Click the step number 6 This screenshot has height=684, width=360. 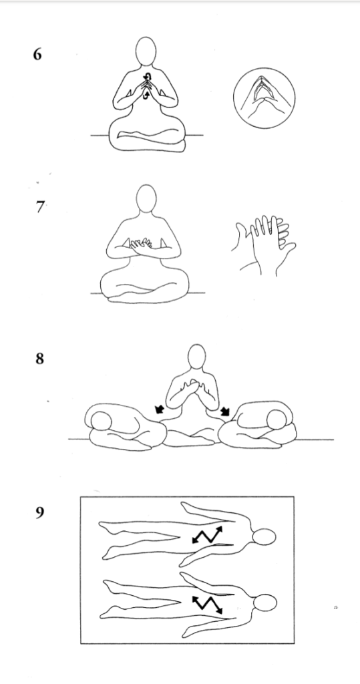pyautogui.click(x=37, y=55)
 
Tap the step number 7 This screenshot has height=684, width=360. pyautogui.click(x=39, y=206)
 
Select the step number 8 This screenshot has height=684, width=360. pyautogui.click(x=39, y=359)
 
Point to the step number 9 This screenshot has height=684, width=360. pyautogui.click(x=39, y=512)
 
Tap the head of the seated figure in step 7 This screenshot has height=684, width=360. pyautogui.click(x=146, y=198)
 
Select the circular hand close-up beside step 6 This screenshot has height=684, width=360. pyautogui.click(x=264, y=98)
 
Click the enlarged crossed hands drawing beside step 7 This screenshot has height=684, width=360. pyautogui.click(x=263, y=245)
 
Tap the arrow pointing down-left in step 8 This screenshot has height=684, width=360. pyautogui.click(x=160, y=409)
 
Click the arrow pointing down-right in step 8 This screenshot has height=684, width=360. pyautogui.click(x=226, y=410)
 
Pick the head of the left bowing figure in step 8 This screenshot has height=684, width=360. pyautogui.click(x=101, y=419)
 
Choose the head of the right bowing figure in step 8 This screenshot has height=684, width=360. pyautogui.click(x=277, y=419)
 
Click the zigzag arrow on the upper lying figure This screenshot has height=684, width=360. pyautogui.click(x=207, y=534)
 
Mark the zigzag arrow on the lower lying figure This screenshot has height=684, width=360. pyautogui.click(x=208, y=604)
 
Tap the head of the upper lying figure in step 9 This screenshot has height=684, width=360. pyautogui.click(x=264, y=537)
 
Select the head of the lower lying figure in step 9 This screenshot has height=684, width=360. pyautogui.click(x=264, y=603)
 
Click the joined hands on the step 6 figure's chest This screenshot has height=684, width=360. pyautogui.click(x=147, y=85)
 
